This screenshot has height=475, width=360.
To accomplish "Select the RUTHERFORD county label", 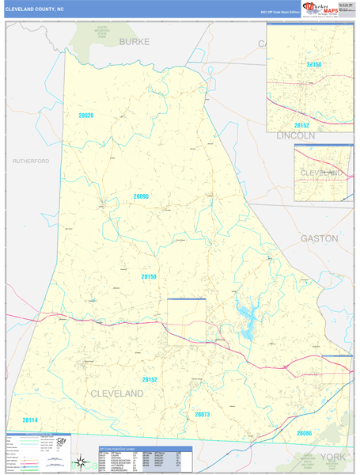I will pyautogui.click(x=31, y=161).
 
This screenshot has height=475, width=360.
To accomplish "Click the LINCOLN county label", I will pyautogui.click(x=295, y=135).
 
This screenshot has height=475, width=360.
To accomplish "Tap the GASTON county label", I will pyautogui.click(x=319, y=237).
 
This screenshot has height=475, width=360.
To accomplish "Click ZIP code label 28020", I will pyautogui.click(x=85, y=116).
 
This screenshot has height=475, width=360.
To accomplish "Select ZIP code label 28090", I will pyautogui.click(x=141, y=196).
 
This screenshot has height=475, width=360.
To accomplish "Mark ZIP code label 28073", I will pyautogui.click(x=203, y=414).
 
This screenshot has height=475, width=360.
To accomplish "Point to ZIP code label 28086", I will pyautogui.click(x=305, y=433).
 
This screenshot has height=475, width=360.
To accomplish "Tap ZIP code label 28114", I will pyautogui.click(x=30, y=420).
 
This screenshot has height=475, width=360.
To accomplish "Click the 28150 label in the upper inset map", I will pyautogui.click(x=315, y=63).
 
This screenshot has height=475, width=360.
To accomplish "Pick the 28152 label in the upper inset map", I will pyautogui.click(x=301, y=125).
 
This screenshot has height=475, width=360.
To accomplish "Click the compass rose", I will pyautogui.click(x=81, y=462).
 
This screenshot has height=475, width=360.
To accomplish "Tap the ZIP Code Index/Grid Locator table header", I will pyautogui.click(x=131, y=448).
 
